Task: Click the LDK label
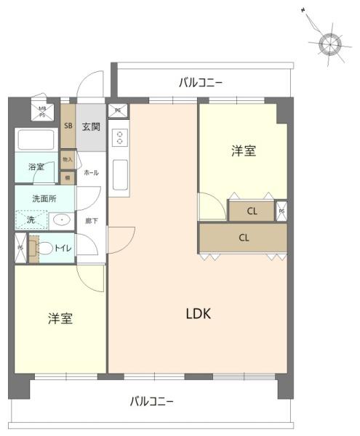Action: [x=198, y=314]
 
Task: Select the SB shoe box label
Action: [x=68, y=125]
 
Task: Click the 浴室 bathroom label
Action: [x=36, y=167]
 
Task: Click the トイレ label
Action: [x=63, y=249]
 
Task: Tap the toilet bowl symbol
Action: [x=44, y=249]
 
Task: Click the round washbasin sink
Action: [x=62, y=219]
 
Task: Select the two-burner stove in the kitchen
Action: [x=119, y=138]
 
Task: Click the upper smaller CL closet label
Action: [x=252, y=212]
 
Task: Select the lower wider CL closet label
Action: [x=244, y=238]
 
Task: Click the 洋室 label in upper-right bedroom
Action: [x=244, y=151]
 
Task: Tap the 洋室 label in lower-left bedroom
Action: [x=60, y=318]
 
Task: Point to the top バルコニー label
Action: [x=201, y=82]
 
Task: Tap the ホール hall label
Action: [x=91, y=173]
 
